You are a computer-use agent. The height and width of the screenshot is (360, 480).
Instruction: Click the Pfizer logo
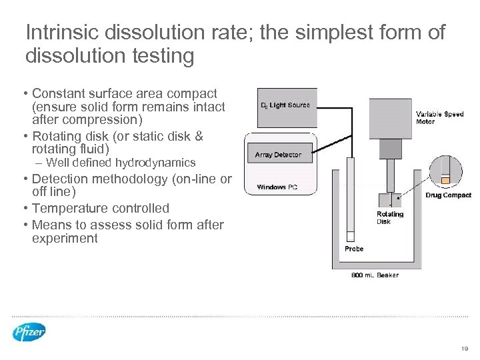29,331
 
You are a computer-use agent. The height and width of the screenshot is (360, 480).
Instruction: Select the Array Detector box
279,155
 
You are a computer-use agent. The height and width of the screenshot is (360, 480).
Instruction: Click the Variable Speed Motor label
439,118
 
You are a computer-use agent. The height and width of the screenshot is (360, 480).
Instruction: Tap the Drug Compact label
447,195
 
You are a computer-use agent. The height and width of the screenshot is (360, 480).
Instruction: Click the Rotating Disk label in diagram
390,218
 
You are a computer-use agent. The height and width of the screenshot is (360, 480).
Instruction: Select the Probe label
354,249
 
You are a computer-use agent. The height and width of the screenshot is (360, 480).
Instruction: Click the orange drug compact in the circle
445,179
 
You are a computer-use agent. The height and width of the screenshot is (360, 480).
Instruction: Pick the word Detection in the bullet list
60,179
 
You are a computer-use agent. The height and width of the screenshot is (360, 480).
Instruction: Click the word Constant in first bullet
58,93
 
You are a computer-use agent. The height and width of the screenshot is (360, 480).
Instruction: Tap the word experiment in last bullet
65,238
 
